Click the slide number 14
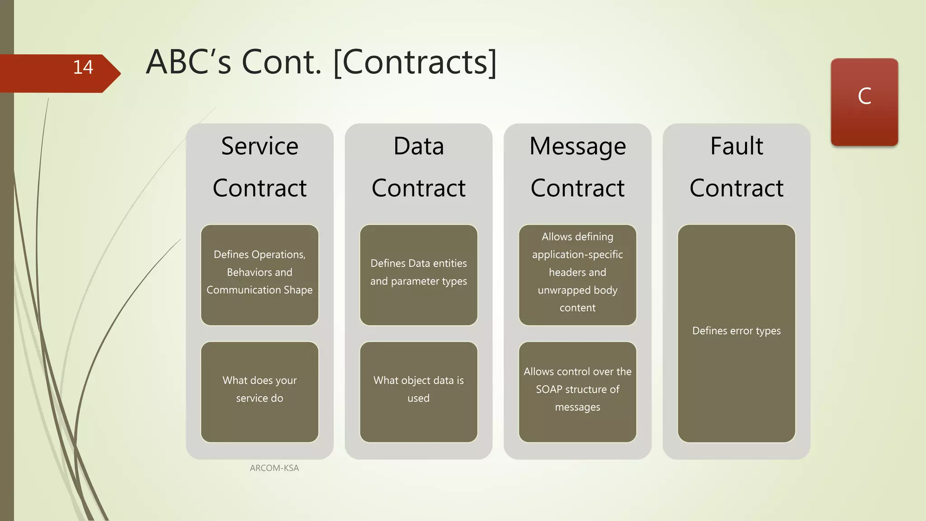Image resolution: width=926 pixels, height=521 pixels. click(83, 67)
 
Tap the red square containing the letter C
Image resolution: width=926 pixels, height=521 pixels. click(864, 102)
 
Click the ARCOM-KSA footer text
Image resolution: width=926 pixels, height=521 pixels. click(274, 468)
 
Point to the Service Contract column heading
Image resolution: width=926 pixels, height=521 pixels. click(260, 167)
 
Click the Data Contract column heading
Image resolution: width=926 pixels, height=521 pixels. click(418, 167)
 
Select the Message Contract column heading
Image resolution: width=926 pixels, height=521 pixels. click(577, 167)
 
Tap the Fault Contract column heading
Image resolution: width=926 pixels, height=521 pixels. click(736, 167)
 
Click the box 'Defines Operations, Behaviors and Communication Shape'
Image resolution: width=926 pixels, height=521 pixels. click(260, 275)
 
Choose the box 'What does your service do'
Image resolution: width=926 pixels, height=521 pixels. click(260, 392)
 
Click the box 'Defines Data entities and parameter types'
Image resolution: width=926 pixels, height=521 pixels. click(418, 275)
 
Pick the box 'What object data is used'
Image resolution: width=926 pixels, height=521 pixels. click(418, 392)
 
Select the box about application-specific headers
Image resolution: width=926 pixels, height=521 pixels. click(577, 275)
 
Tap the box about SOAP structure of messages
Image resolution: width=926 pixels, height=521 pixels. click(577, 392)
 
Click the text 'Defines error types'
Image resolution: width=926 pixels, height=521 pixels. click(736, 331)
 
